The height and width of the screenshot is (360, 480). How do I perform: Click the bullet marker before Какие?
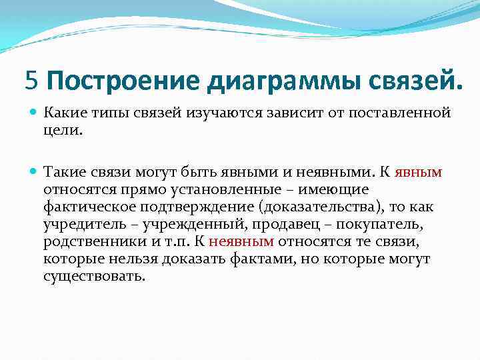34,113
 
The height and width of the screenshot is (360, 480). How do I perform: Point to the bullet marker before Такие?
34,173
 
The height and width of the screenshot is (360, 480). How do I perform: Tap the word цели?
63,131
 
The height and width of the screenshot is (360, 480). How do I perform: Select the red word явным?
418,172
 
